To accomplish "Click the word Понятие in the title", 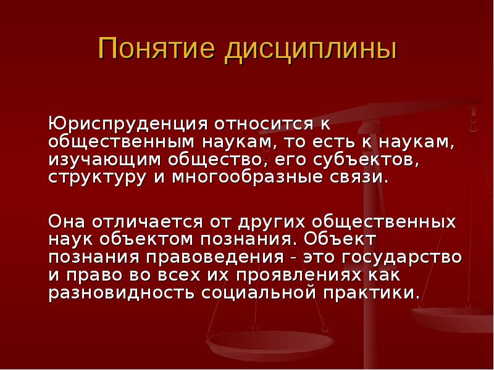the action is (x=157, y=48).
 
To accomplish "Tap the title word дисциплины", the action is (x=311, y=51).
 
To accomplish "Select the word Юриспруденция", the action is (x=128, y=125).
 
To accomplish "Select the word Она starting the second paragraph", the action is (x=67, y=222).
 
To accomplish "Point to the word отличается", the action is (x=147, y=222).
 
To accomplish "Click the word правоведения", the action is (x=214, y=258).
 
